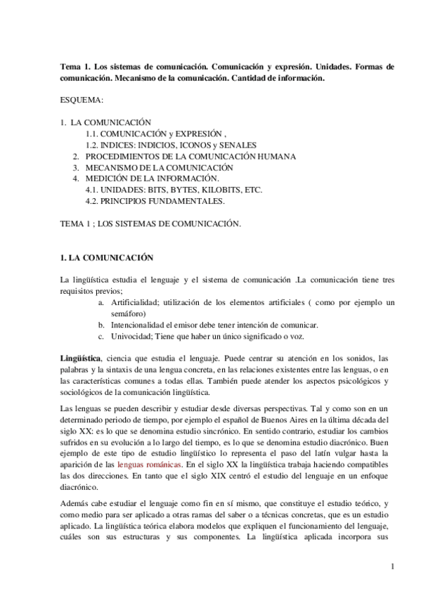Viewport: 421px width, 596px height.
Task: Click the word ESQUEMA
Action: [82, 100]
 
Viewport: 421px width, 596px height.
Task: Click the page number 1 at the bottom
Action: [394, 566]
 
